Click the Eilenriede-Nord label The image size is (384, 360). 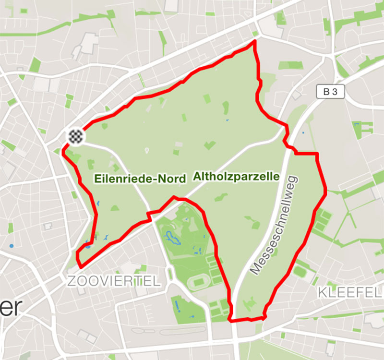[x=139, y=180]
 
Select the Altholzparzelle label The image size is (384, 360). [x=236, y=177]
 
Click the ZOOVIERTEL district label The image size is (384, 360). [x=114, y=282]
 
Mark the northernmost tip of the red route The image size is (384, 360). [x=254, y=42]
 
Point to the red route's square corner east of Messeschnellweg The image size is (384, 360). [x=317, y=154]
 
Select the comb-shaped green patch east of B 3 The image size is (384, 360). [x=364, y=127]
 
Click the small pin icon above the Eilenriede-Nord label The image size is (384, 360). [x=147, y=151]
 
